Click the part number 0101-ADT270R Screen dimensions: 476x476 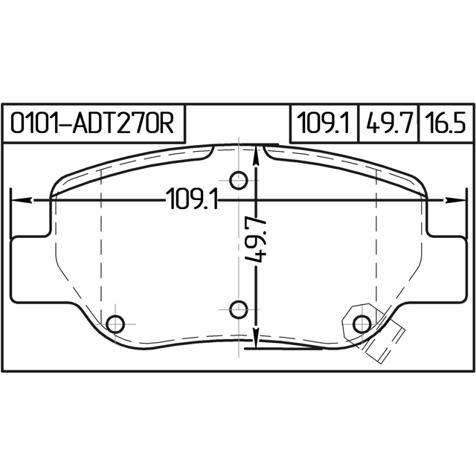point(92,123)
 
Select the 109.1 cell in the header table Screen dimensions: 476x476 point(324,123)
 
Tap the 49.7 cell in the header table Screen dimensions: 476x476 point(388,123)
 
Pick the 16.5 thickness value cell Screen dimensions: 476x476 point(446,123)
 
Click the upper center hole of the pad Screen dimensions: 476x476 point(239,180)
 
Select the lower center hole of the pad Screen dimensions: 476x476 point(239,309)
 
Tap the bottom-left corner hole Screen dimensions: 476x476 point(116,324)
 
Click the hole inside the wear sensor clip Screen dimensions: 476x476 point(362,324)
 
